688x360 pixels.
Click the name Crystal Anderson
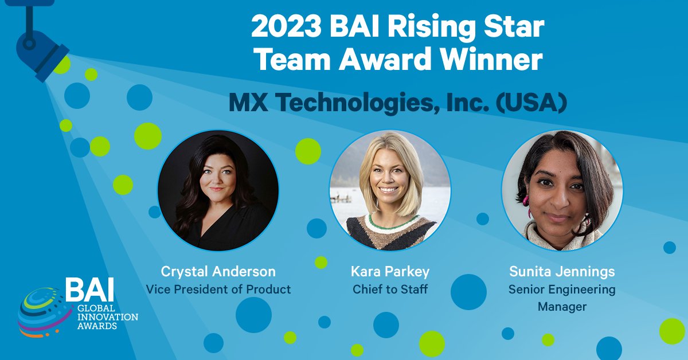click(x=218, y=271)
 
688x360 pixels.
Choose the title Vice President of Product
click(x=218, y=289)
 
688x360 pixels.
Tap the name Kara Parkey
click(x=390, y=271)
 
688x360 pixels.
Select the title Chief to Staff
click(x=390, y=289)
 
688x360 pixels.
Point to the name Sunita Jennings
click(x=562, y=271)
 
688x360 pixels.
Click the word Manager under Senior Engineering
click(x=562, y=307)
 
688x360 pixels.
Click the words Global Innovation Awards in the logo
click(x=103, y=317)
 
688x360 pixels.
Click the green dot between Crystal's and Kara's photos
click(x=308, y=151)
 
